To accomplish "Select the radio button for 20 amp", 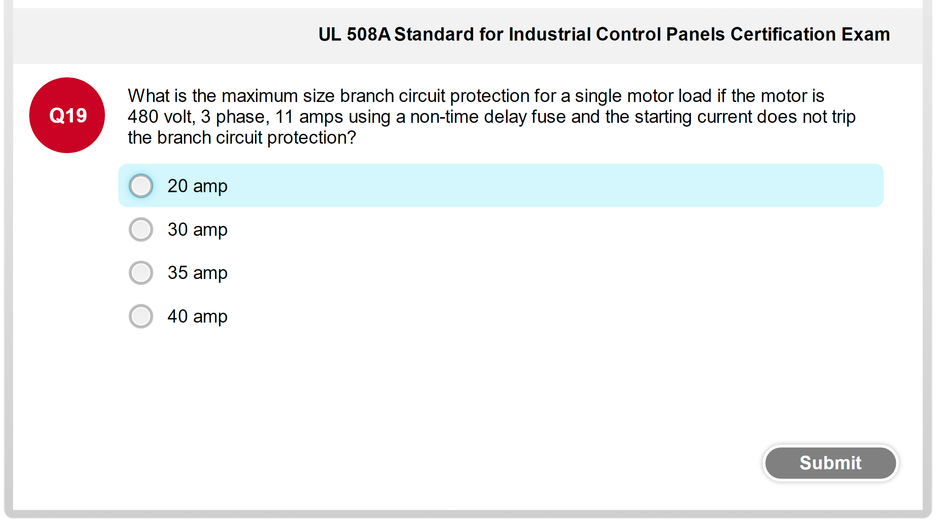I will [141, 186].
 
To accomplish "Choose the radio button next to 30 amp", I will [141, 229].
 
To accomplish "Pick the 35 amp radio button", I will [141, 273].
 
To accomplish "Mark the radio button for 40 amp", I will [141, 316].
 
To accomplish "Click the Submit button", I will [830, 463].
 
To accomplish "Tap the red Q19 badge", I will [67, 115].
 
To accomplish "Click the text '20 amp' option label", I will [197, 186].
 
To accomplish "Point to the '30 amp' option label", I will [197, 230].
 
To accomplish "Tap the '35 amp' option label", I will [197, 273].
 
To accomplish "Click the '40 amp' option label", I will [197, 317].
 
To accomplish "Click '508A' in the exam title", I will [368, 34].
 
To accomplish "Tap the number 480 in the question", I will [143, 117].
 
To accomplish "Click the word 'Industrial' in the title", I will [550, 34].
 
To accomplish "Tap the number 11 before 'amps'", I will [284, 117].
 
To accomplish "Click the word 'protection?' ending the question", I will [312, 138].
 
